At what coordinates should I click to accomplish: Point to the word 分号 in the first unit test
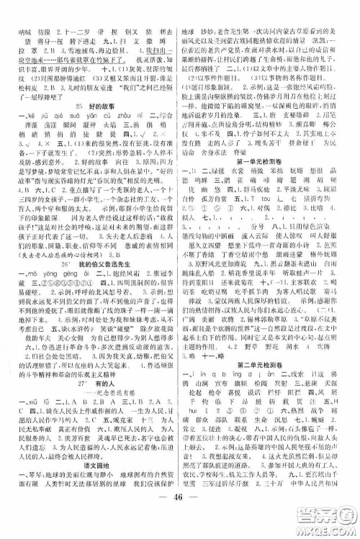click(258, 253)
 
